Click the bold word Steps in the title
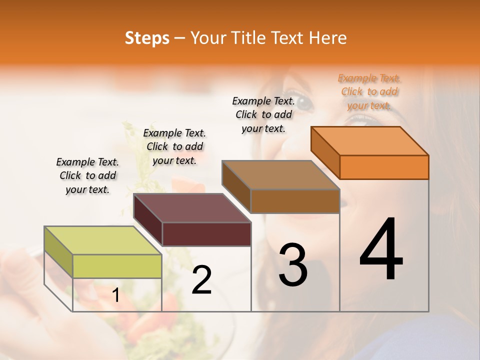[147, 38]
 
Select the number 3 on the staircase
[293, 265]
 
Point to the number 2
[202, 280]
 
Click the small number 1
[115, 296]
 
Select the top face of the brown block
[281, 175]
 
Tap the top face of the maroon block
[192, 208]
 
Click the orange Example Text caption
[369, 92]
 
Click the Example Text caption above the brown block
[263, 114]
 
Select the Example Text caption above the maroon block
[174, 146]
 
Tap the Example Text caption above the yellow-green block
[87, 175]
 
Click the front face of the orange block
[384, 167]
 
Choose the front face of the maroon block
[206, 234]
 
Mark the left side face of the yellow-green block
[58, 252]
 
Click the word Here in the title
[329, 38]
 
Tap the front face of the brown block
[295, 201]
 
